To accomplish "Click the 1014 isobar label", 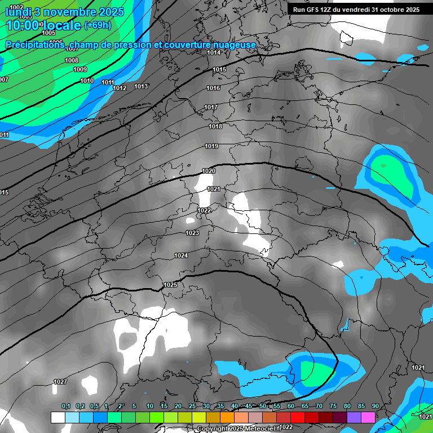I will [214, 52].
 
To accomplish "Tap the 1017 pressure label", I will [211, 107].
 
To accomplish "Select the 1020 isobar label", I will [209, 171].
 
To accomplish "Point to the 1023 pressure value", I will [192, 233].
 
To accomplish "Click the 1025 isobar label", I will [170, 285].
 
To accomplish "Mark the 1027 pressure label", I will [60, 382].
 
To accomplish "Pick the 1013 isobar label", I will [141, 86].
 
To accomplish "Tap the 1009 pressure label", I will [80, 69].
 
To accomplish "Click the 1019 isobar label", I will [211, 146].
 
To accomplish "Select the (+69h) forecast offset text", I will [97, 25].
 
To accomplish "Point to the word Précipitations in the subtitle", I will [34, 45].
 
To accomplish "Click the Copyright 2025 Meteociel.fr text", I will [239, 428].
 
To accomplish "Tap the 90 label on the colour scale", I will [375, 406].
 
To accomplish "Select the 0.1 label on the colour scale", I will [66, 406].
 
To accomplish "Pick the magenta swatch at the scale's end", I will [368, 417].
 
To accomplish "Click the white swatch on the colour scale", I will [58, 417].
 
